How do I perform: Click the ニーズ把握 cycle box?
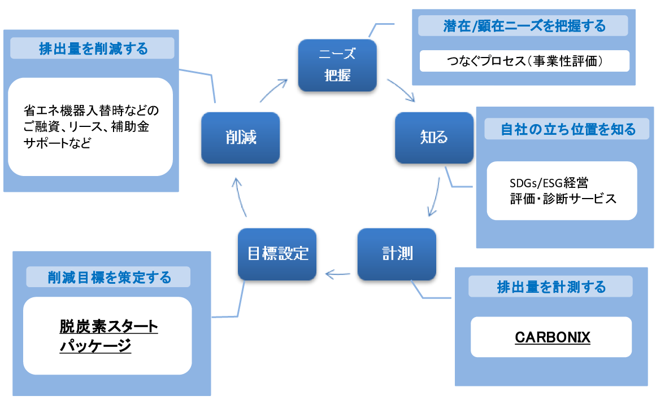(x=337, y=65)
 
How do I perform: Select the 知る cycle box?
(x=434, y=138)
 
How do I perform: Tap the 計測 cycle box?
(x=397, y=254)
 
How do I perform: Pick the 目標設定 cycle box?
(x=277, y=254)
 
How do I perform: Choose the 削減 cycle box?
(x=241, y=138)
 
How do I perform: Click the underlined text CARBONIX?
(x=552, y=337)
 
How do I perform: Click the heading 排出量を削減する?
(x=93, y=49)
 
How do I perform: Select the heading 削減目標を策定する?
(x=108, y=277)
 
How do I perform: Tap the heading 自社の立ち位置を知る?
(x=568, y=129)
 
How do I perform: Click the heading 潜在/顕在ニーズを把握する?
(x=524, y=26)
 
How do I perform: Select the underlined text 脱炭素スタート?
(x=108, y=327)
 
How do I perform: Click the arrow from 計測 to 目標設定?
(x=338, y=275)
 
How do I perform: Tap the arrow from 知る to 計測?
(x=434, y=196)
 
